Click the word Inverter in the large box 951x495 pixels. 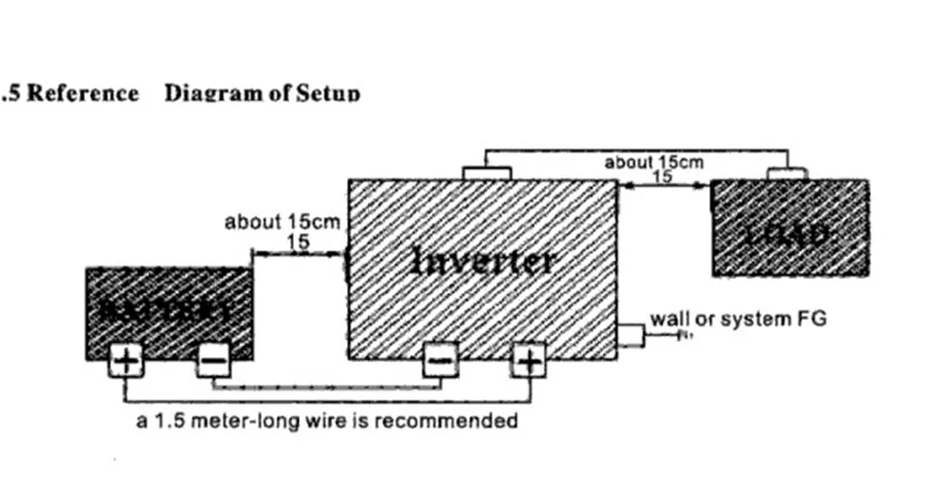pos(482,260)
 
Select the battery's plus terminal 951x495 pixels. pos(124,361)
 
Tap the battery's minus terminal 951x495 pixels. pos(213,361)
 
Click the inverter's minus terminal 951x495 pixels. pos(440,361)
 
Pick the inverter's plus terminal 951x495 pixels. pos(528,361)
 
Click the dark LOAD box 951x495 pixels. pos(789,228)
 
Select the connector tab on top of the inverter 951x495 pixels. pos(486,172)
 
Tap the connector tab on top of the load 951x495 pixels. pos(787,172)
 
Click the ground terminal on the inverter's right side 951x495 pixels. pos(630,334)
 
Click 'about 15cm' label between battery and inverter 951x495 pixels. pos(281,223)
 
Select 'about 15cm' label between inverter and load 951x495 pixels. pos(654,163)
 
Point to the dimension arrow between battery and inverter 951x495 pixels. pos(298,254)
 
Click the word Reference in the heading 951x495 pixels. pos(83,93)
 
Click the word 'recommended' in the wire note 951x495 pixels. pos(460,420)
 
